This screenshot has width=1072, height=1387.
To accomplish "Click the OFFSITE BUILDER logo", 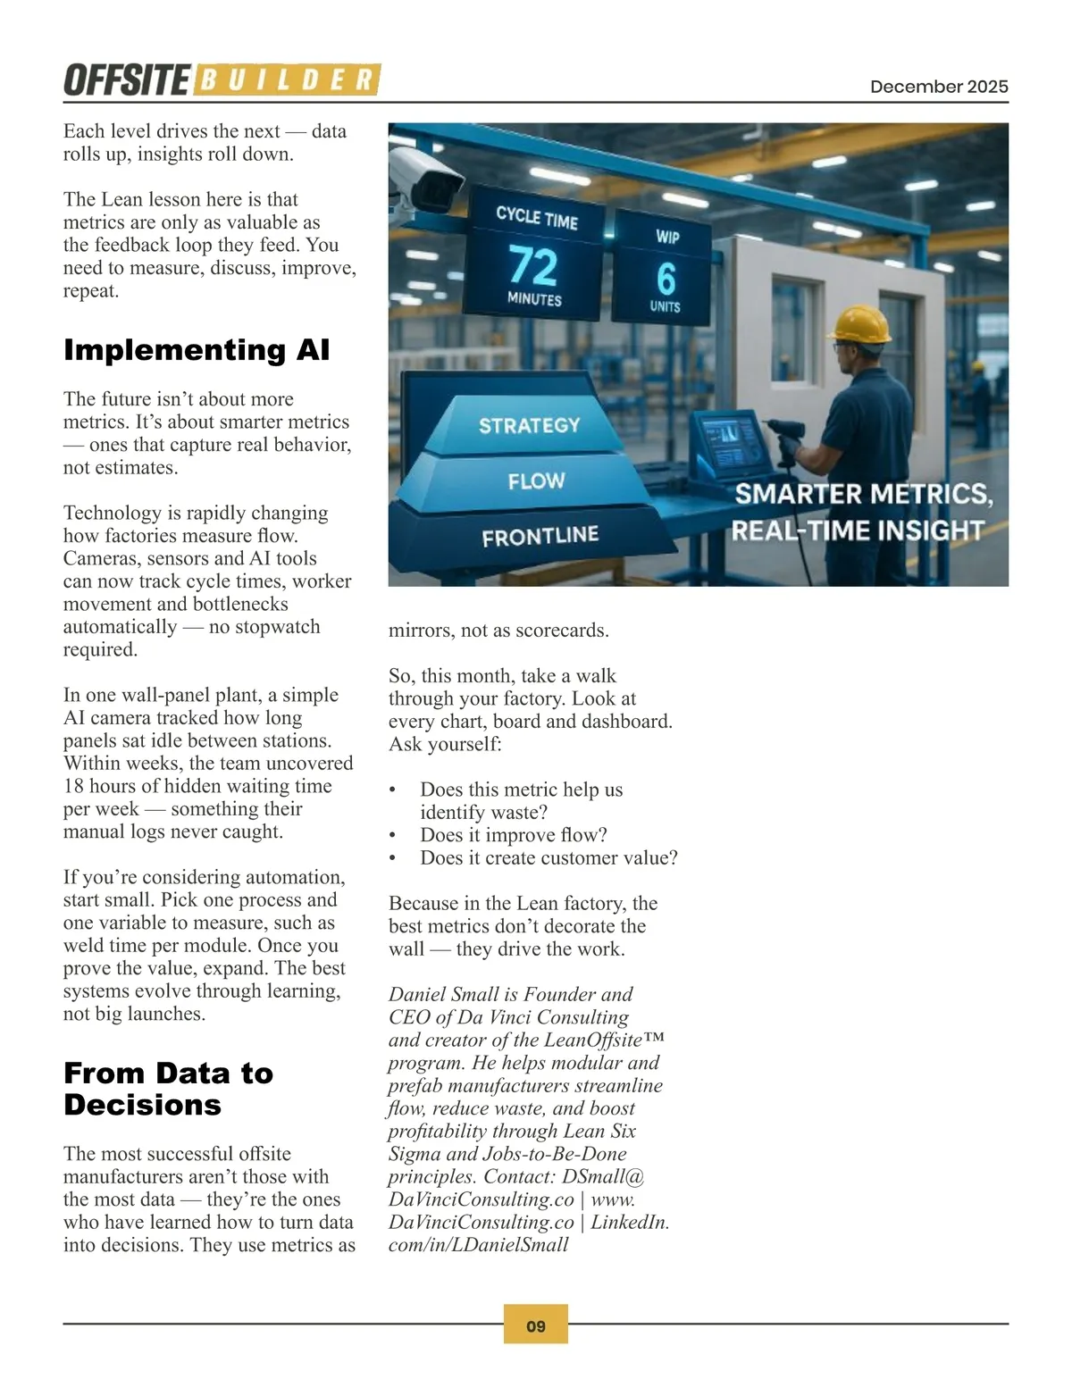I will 222,80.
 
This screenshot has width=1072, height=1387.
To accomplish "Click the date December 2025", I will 939,87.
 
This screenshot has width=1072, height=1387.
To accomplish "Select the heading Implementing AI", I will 197,349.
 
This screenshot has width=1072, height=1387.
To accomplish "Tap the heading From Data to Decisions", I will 168,1089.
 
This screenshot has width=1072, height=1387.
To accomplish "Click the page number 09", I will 536,1326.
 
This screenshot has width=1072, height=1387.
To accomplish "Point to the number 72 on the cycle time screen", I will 533,265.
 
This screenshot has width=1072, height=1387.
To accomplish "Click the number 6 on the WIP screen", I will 666,278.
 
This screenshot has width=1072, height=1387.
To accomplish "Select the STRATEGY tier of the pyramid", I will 529,425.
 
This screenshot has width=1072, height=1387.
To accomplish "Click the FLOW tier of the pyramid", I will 536,481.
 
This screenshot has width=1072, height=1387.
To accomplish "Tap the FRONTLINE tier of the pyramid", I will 540,536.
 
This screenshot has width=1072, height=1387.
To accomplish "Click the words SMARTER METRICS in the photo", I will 863,494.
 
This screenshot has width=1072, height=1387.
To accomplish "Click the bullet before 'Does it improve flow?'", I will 392,836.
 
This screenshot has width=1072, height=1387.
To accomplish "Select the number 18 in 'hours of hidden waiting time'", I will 73,786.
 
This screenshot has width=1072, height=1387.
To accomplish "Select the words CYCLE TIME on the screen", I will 537,217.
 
